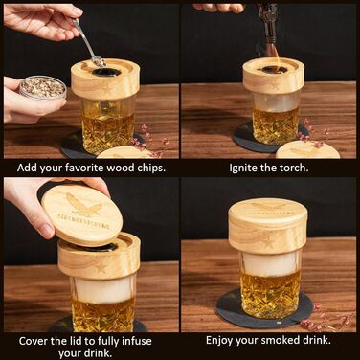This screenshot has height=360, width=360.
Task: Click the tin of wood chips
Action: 43,87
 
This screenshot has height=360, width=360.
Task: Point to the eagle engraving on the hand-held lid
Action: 84,204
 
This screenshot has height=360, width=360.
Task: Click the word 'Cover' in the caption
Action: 33,341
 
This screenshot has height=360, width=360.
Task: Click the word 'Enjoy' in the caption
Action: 219,341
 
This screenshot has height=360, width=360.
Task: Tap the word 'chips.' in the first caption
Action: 151,169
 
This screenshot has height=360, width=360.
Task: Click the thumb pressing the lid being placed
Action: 46,229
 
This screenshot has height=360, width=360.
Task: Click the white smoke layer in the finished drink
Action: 271,263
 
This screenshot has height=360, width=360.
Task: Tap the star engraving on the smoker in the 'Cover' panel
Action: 101,269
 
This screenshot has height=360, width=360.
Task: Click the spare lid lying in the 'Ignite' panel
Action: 307,149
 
